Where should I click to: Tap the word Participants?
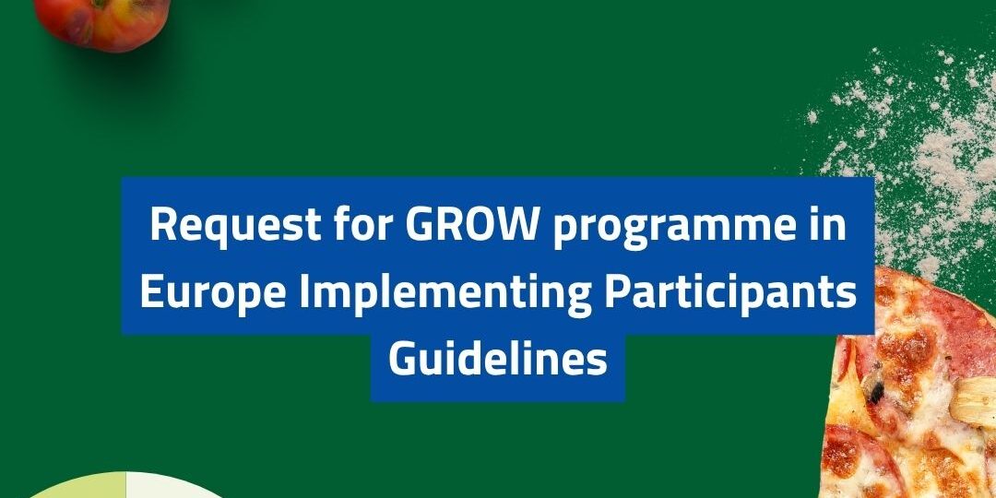coord(730,293)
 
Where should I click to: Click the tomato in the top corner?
coord(101,22)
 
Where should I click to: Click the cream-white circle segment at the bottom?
coord(172,488)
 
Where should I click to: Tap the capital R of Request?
coord(162,225)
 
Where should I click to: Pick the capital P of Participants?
coord(616,293)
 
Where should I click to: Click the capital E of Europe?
coord(151,293)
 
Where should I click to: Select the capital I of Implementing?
coord(304,293)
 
